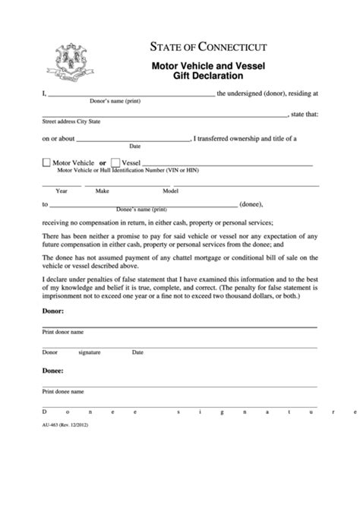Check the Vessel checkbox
point(115,163)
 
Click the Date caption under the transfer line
point(135,146)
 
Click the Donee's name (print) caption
point(141,209)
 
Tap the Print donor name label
point(62,332)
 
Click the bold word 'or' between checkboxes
point(103,163)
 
